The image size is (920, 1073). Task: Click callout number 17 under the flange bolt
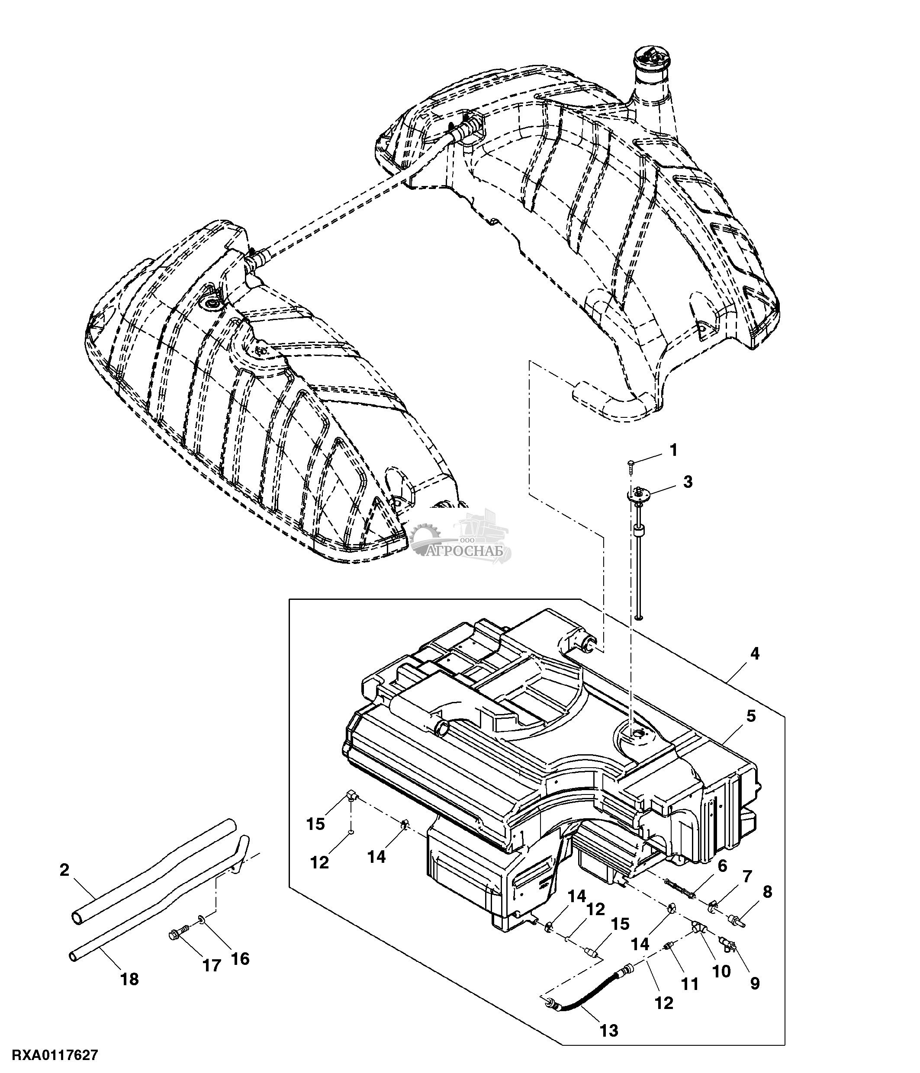coord(211,965)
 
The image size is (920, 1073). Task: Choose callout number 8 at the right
coord(767,892)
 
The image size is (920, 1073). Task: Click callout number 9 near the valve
coord(755,983)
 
